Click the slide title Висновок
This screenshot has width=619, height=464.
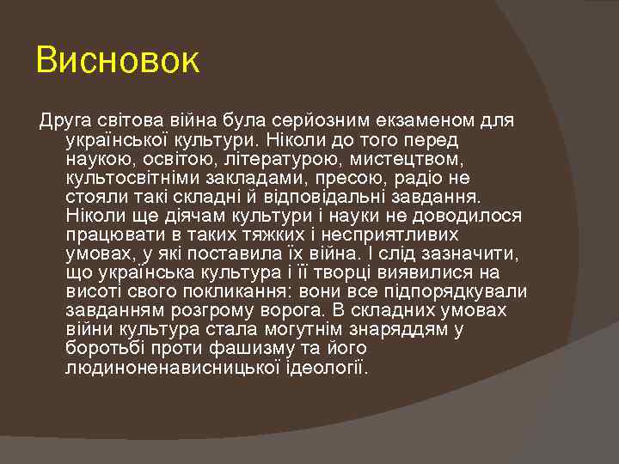click(118, 61)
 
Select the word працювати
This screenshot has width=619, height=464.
click(108, 235)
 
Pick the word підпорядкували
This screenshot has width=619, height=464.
click(458, 291)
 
